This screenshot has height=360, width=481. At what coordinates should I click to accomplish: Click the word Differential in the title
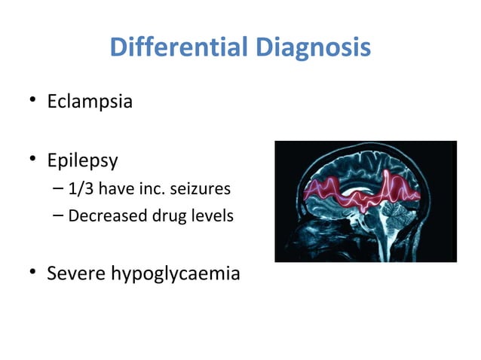pos(177,48)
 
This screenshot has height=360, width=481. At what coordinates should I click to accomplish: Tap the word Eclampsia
pos(90,101)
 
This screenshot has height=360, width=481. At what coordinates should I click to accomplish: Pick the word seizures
pos(198,188)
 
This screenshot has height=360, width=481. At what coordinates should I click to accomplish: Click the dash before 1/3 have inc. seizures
pos(60,189)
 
